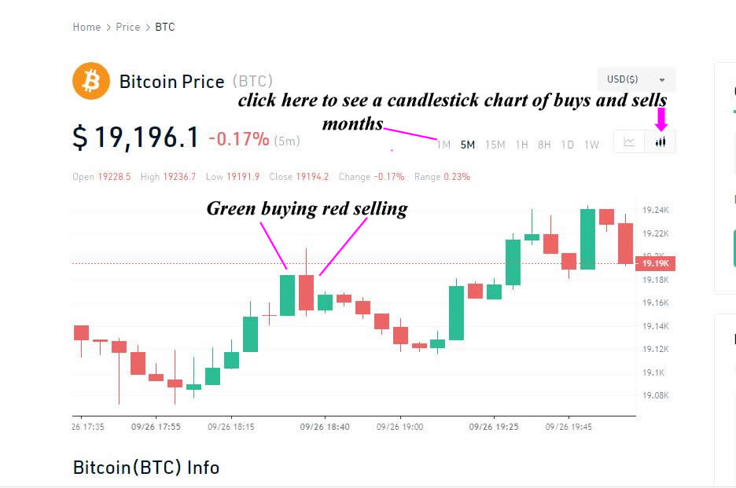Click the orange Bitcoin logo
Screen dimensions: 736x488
(x=91, y=81)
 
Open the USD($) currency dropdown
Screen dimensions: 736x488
(x=636, y=79)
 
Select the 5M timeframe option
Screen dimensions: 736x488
(x=468, y=145)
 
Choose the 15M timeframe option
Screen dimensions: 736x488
(x=495, y=145)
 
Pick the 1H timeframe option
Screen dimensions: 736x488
(x=521, y=145)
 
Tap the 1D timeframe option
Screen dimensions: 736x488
(x=568, y=145)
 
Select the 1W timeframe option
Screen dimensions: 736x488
(x=591, y=145)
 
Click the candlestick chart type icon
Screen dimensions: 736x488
(x=661, y=141)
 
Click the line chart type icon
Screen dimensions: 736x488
(x=629, y=141)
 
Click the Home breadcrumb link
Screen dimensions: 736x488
(x=86, y=28)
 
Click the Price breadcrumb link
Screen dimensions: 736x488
(x=127, y=28)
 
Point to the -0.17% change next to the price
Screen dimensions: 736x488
(x=239, y=139)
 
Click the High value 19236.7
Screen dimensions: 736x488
(x=179, y=177)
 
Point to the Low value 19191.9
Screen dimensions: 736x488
(x=243, y=177)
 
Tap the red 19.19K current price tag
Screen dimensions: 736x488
(x=655, y=263)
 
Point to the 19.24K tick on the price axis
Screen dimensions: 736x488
(x=655, y=210)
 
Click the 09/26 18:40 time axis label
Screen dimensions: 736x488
(x=325, y=427)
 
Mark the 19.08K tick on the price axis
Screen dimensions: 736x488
(x=655, y=395)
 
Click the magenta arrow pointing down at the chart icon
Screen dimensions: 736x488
(x=661, y=119)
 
